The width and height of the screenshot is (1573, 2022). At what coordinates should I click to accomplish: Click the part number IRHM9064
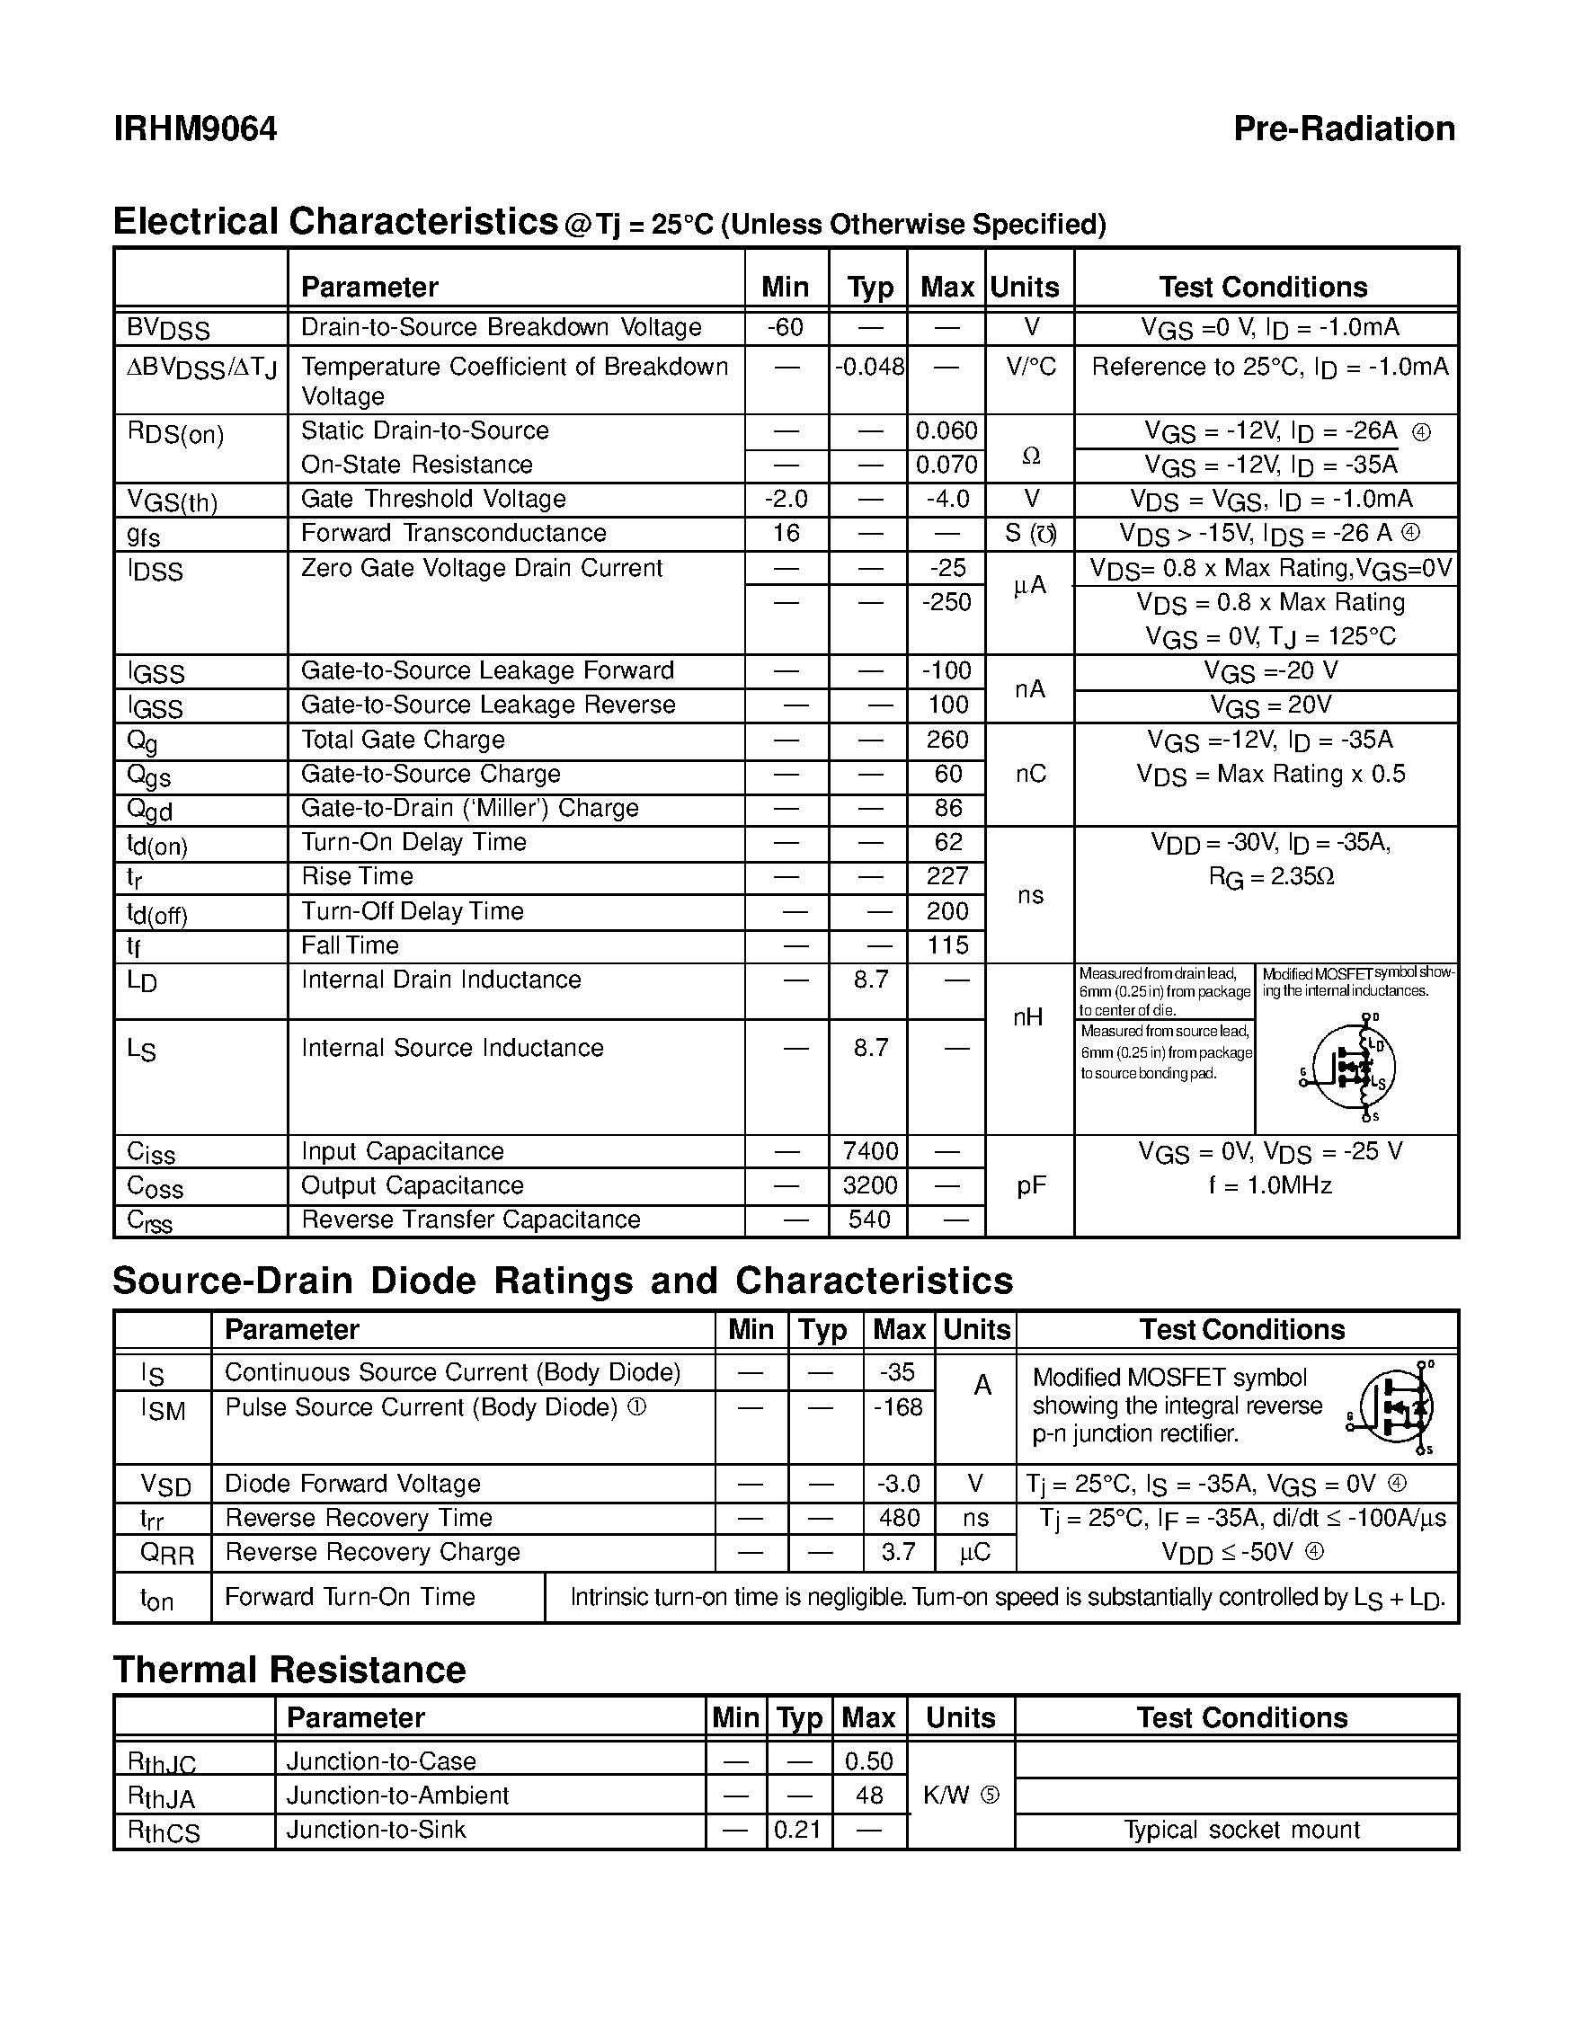click(195, 129)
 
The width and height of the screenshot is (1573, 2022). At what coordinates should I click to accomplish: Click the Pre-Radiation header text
click(1344, 129)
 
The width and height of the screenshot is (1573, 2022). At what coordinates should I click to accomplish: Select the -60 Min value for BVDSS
click(785, 327)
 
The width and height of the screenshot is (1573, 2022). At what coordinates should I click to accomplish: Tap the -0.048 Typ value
click(868, 367)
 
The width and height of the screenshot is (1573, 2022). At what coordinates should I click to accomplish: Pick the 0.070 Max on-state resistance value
click(946, 464)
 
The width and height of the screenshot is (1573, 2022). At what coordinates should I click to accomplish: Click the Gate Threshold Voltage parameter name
click(433, 499)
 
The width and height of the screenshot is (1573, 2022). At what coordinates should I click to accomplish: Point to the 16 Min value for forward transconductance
click(785, 532)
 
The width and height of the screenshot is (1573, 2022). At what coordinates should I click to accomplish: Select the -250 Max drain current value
click(946, 602)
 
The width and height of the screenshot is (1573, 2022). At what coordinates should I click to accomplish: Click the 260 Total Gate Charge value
click(947, 739)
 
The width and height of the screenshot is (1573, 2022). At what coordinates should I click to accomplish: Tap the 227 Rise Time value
click(947, 876)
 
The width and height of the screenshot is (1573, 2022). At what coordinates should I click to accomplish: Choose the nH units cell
click(1028, 1017)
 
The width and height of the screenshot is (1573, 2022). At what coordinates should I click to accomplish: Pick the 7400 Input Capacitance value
click(870, 1151)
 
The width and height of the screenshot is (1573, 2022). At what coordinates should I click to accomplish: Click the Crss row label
click(150, 1221)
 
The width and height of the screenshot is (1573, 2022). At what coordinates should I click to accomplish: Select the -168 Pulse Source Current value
click(898, 1407)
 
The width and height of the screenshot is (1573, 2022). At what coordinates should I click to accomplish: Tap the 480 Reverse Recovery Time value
click(899, 1518)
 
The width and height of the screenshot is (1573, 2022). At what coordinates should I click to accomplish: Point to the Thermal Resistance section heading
click(289, 1669)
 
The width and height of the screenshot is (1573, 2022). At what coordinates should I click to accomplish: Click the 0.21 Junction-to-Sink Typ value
click(798, 1830)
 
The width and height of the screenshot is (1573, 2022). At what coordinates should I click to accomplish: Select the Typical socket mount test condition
click(1240, 1830)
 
